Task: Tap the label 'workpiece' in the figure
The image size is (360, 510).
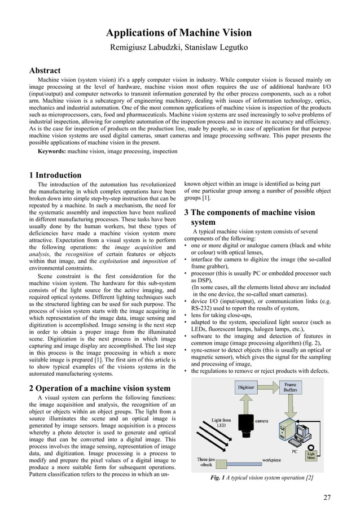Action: [x=275, y=460]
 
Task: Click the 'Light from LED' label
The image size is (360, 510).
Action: [x=221, y=424]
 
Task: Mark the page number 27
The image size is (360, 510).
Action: [x=327, y=498]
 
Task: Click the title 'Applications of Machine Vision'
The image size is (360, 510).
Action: [x=180, y=33]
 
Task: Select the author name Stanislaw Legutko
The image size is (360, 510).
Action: [x=218, y=48]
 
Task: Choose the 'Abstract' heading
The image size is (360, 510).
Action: [x=45, y=71]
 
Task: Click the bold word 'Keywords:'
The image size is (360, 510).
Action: [x=54, y=151]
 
